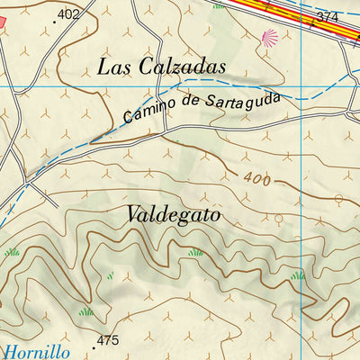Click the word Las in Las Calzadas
tap(114, 67)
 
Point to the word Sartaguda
tap(239, 99)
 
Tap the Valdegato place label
tap(173, 215)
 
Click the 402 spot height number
tap(67, 13)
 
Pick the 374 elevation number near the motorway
tap(328, 18)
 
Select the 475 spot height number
tap(108, 340)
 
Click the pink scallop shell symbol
tap(268, 37)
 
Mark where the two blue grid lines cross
tap(301, 85)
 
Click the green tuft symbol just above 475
tap(86, 311)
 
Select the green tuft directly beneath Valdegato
tap(194, 253)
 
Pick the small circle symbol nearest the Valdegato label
tap(279, 219)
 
